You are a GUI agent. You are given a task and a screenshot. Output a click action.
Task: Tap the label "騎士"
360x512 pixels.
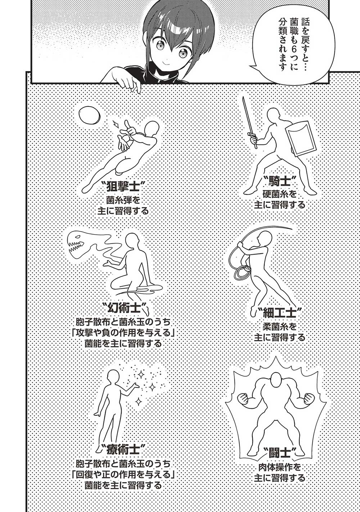click(x=279, y=180)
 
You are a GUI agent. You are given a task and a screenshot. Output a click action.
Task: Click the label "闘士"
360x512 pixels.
click(x=279, y=452)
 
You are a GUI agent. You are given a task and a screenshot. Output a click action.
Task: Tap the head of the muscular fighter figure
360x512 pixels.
click(x=276, y=379)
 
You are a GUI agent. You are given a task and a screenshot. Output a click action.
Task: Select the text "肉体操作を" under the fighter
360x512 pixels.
click(x=279, y=467)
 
